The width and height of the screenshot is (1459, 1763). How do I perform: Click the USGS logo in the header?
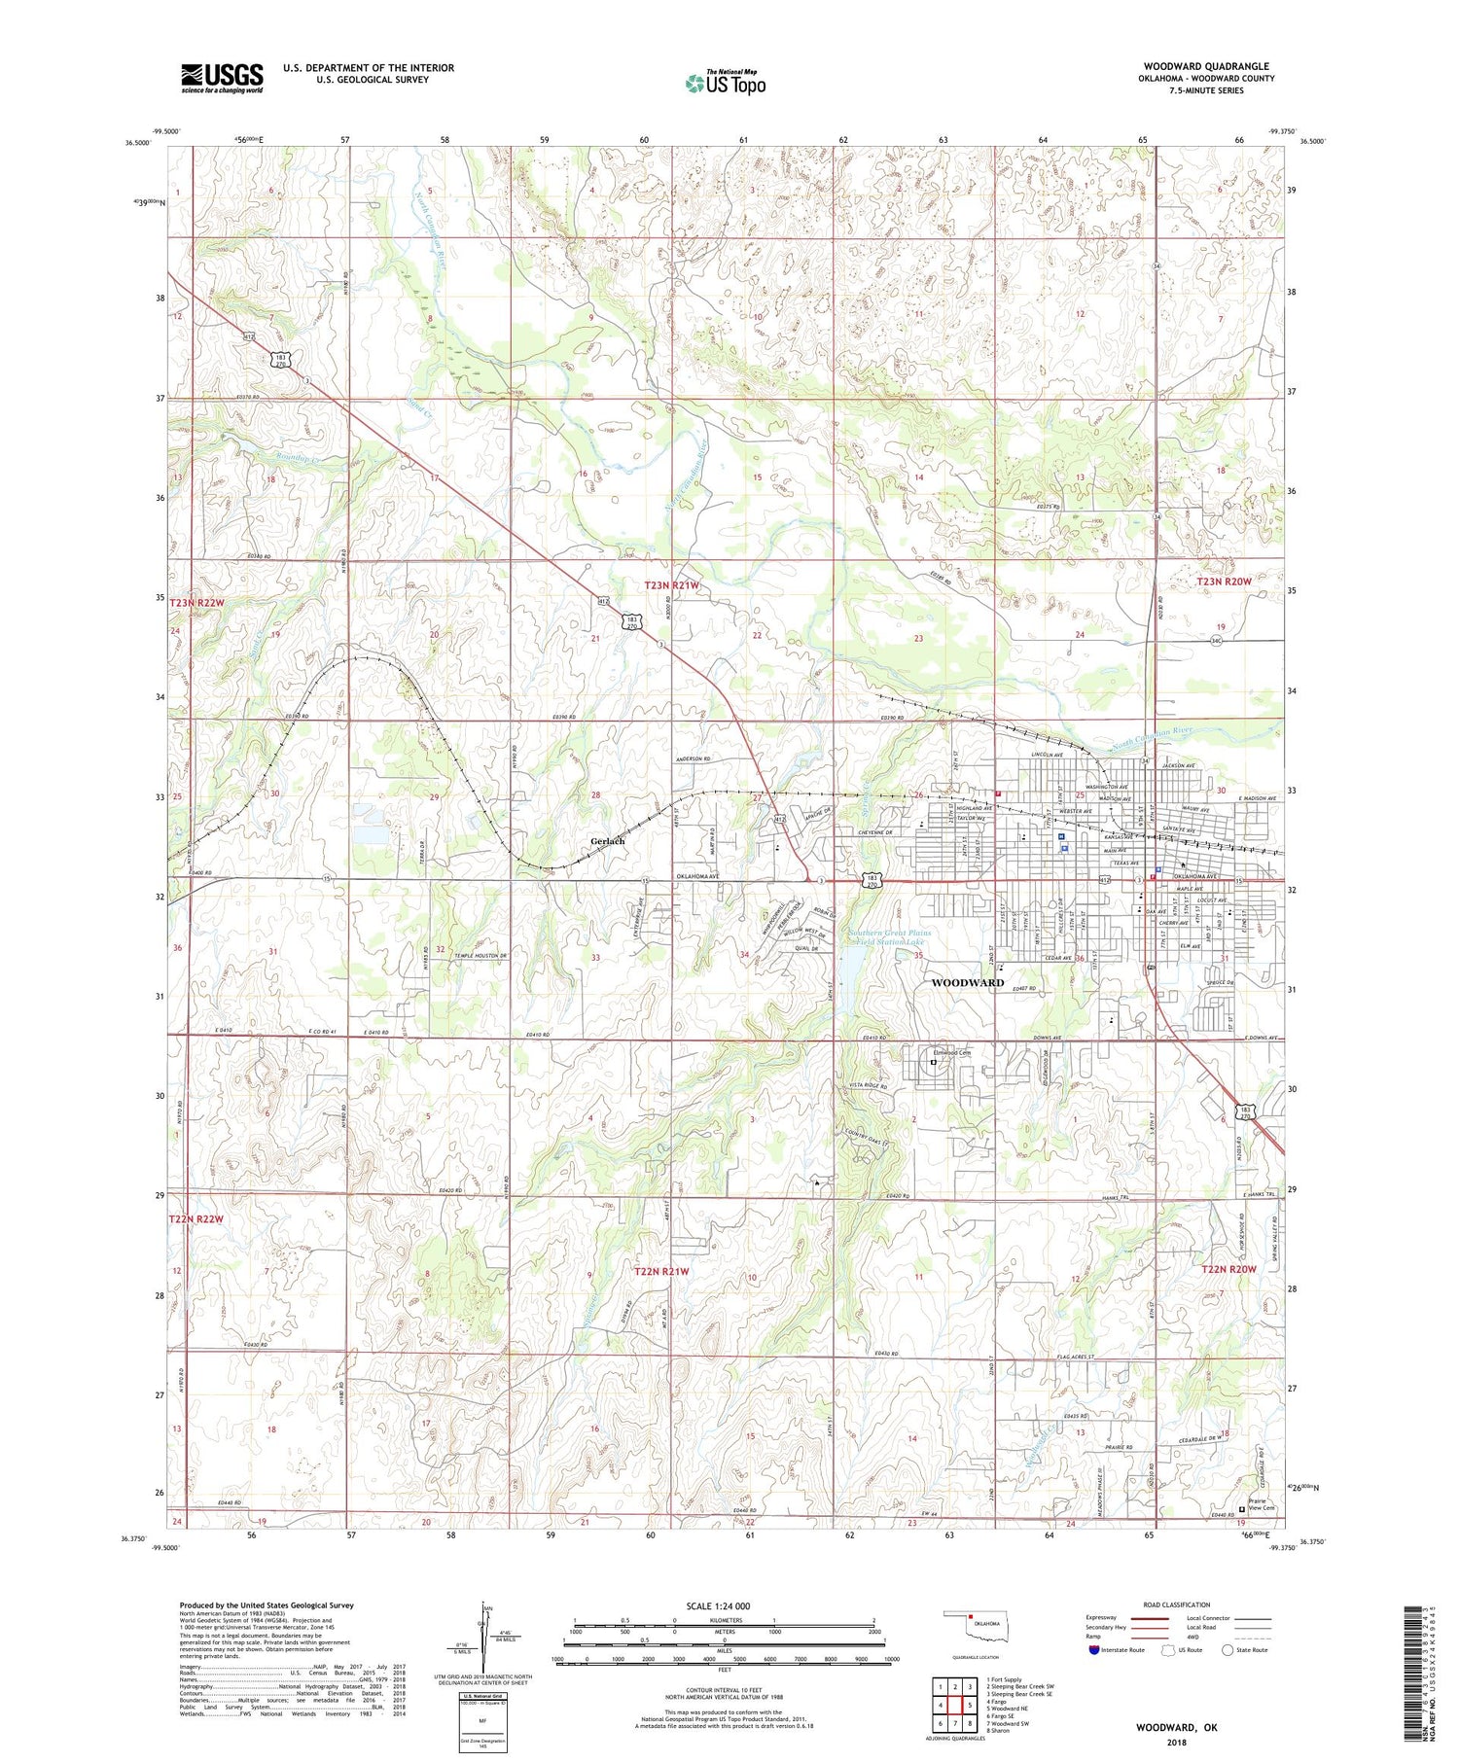[222, 78]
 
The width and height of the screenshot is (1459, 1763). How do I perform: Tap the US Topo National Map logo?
[725, 83]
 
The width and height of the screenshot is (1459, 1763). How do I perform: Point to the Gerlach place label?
[608, 841]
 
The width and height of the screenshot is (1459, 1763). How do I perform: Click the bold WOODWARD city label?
[967, 983]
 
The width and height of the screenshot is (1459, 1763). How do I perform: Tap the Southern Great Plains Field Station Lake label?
[890, 937]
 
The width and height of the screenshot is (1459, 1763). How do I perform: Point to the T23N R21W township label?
[672, 585]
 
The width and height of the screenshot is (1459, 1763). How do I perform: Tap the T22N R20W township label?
[1228, 1270]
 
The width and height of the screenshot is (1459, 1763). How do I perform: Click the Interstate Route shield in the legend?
[1094, 1650]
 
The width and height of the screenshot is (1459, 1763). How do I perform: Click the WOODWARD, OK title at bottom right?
[1176, 1728]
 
